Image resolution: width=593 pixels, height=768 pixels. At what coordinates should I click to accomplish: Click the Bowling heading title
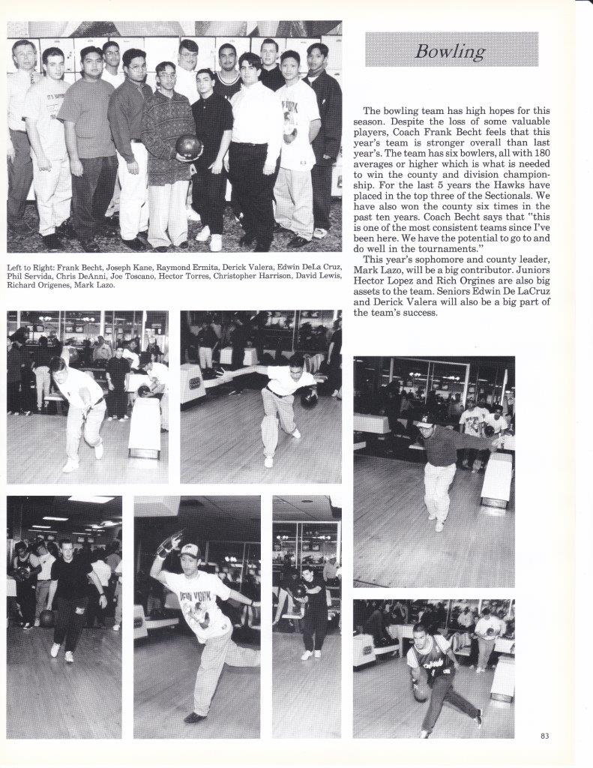451,51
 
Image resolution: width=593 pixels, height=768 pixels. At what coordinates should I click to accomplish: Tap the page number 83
544,736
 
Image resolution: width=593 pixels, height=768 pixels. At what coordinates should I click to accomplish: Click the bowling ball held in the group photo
189,147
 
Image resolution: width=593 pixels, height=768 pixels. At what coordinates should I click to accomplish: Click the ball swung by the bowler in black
46,617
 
